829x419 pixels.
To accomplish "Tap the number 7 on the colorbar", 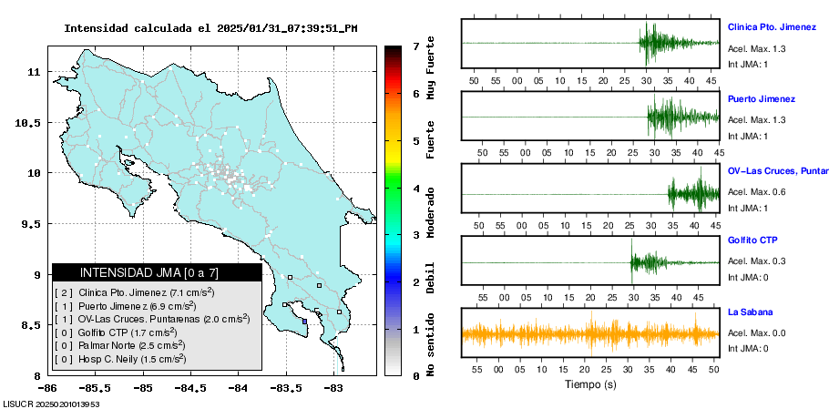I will coord(415,46).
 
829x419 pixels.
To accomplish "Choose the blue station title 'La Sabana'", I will coord(750,312).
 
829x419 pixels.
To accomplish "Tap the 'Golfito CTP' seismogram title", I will coord(753,240).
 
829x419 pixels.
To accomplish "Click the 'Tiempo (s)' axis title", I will coord(589,384).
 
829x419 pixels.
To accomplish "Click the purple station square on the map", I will coord(304,321).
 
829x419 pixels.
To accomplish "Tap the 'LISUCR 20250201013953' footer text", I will coord(51,403).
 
